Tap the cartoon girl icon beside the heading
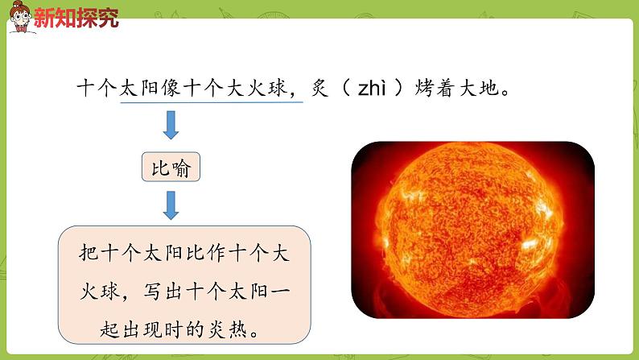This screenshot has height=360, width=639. point(19,17)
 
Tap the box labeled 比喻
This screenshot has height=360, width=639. point(170,169)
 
